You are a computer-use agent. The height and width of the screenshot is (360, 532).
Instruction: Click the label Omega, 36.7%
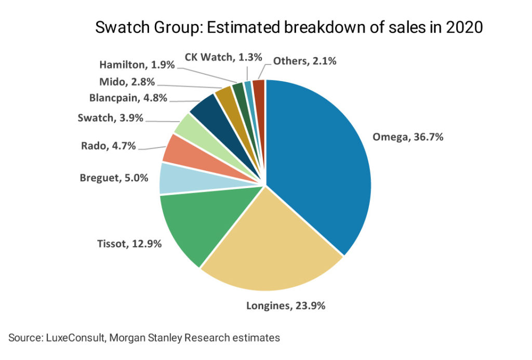pos(408,138)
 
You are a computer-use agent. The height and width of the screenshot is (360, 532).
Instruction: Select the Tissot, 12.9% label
pos(129,242)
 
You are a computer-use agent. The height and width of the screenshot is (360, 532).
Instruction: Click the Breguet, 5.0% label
pos(114,178)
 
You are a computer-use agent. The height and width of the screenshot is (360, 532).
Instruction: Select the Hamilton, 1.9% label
pos(137,65)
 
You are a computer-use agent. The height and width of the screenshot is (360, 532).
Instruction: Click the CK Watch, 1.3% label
pos(223,57)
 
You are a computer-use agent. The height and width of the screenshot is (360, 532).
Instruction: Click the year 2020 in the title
pos(463,28)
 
